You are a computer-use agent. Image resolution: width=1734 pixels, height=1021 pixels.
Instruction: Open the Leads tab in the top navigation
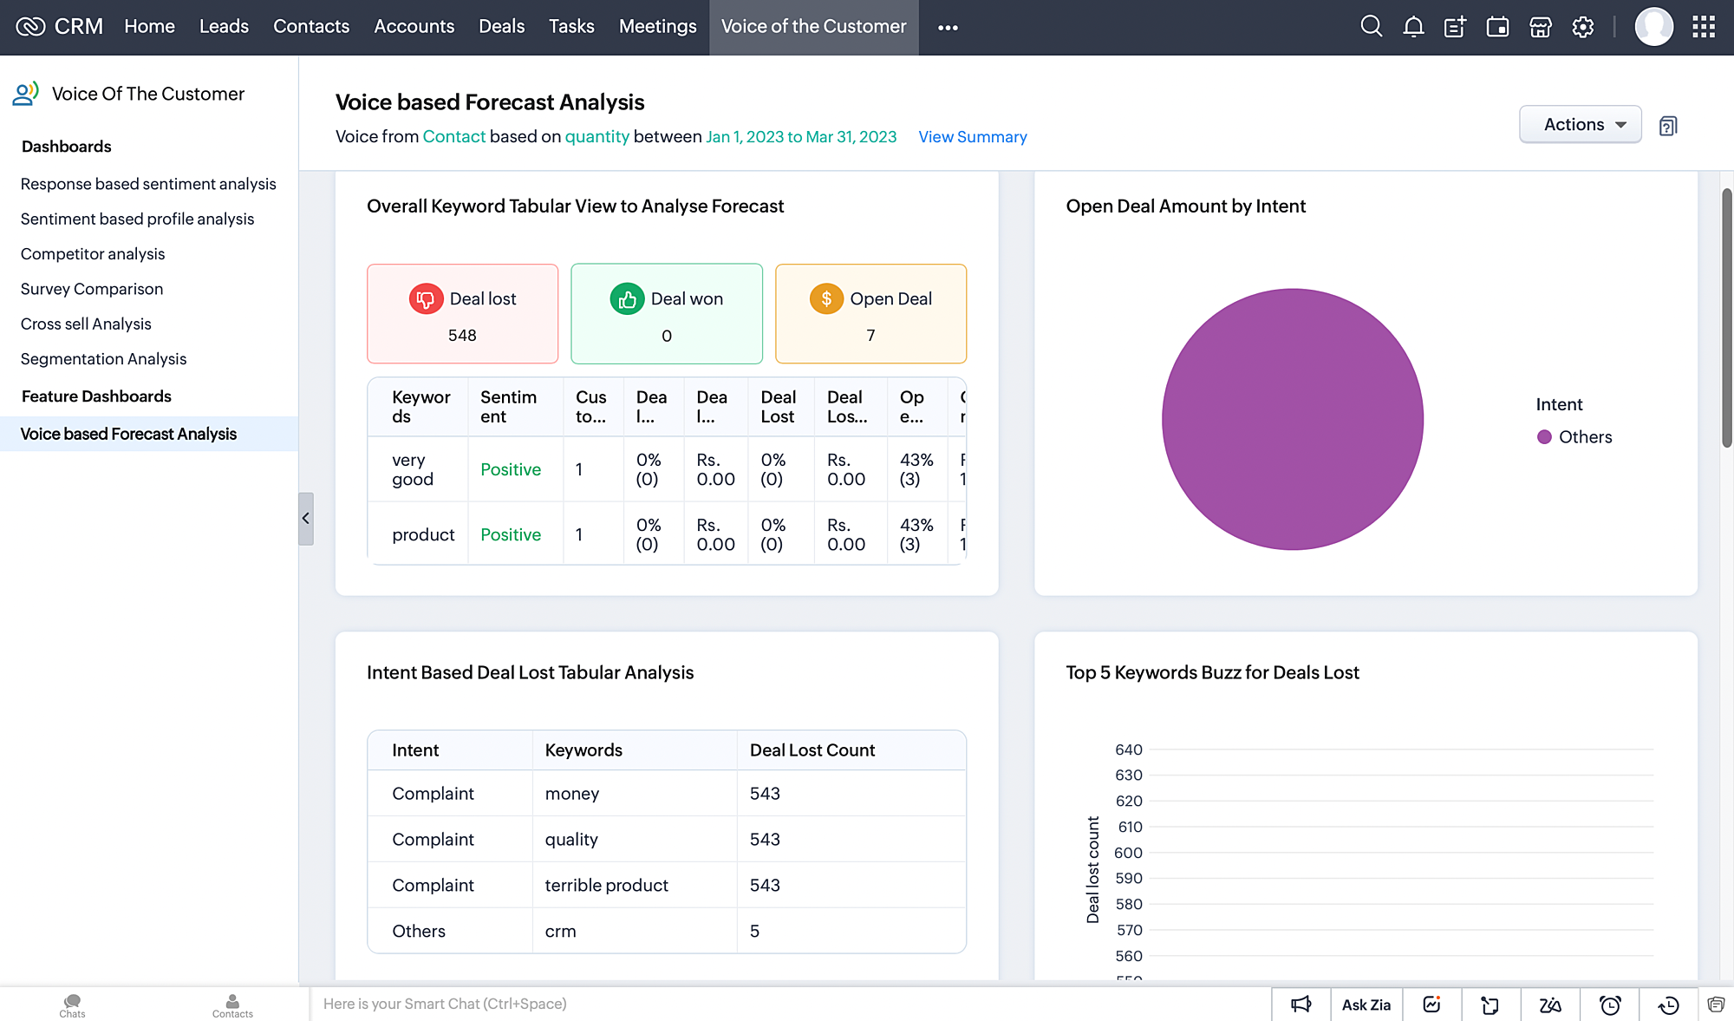[224, 27]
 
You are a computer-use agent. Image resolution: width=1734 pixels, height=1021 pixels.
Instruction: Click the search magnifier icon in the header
[1371, 27]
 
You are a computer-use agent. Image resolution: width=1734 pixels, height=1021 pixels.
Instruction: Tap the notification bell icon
[1413, 27]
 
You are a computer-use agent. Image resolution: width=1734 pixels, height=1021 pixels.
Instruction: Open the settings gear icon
[1583, 27]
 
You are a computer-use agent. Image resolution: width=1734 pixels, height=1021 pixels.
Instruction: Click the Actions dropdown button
[1580, 125]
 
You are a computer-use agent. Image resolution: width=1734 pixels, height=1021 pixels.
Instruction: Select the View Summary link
[972, 137]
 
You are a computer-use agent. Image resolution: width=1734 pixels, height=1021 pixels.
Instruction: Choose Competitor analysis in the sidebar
[93, 254]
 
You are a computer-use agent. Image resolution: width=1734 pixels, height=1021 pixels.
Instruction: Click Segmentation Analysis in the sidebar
[103, 359]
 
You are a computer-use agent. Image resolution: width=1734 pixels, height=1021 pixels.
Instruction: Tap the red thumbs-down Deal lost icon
[426, 299]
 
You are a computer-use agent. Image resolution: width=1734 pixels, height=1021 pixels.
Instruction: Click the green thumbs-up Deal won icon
[627, 299]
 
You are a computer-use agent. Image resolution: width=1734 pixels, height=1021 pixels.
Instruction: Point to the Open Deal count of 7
[870, 336]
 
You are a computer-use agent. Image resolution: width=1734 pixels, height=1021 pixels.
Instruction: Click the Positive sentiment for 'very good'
[511, 470]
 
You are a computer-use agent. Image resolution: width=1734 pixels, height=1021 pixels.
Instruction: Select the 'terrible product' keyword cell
[606, 886]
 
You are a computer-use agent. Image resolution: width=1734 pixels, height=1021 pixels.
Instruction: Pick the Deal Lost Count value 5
[754, 932]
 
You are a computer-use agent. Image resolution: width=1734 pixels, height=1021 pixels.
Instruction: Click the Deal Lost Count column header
[812, 750]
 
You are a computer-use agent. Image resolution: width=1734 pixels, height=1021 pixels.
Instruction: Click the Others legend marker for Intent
[1544, 437]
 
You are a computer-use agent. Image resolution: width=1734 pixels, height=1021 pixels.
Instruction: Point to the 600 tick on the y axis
[1128, 853]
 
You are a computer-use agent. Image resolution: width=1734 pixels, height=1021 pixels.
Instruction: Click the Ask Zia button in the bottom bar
[1366, 1005]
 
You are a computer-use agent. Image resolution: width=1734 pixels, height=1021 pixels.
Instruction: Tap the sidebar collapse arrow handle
[305, 519]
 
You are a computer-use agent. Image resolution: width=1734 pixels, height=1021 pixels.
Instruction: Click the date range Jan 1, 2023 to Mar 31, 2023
[800, 137]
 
